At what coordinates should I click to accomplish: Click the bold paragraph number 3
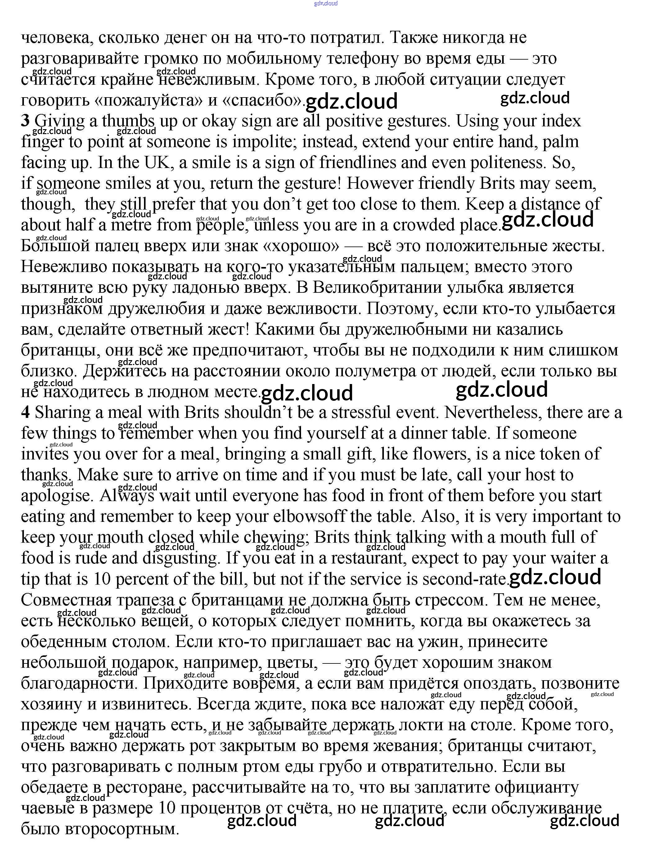tap(25, 121)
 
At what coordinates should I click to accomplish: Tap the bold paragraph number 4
tap(25, 413)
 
